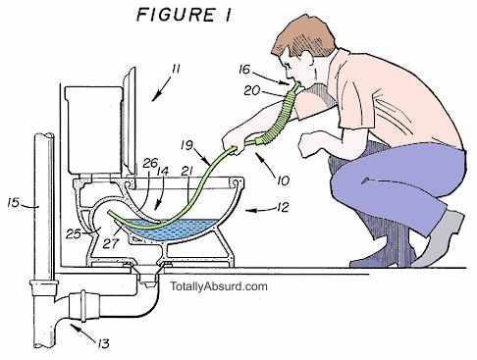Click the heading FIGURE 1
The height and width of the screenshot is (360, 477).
tap(184, 16)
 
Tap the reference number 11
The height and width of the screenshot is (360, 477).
tap(176, 70)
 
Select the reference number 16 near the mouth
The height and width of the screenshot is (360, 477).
tap(244, 70)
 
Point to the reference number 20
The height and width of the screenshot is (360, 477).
tap(252, 90)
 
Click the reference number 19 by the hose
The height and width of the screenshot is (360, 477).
tap(186, 145)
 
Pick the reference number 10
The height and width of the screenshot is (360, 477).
tap(284, 180)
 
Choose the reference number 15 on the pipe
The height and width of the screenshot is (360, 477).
tap(14, 203)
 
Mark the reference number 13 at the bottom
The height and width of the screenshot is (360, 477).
tap(103, 343)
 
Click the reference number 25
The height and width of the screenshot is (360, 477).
tap(74, 234)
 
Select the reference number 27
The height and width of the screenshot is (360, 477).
tap(110, 243)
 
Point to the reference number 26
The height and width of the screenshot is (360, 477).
tap(150, 163)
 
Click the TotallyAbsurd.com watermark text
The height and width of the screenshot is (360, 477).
tap(219, 286)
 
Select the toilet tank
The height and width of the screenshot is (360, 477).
tap(94, 129)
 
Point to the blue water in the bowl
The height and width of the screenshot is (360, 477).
tap(170, 231)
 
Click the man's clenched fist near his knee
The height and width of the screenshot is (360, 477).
tap(308, 144)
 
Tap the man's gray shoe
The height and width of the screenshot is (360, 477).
tap(439, 240)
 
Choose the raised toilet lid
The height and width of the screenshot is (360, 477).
tap(130, 120)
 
